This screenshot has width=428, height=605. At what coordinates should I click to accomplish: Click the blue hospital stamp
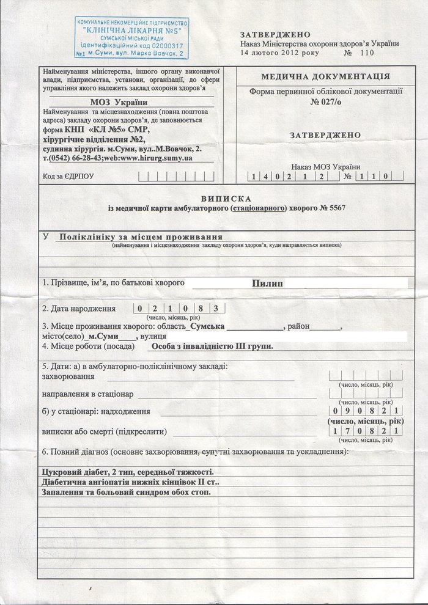131,38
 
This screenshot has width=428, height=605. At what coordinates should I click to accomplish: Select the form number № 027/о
325,101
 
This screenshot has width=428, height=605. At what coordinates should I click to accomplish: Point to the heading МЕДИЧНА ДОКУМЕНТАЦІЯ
325,77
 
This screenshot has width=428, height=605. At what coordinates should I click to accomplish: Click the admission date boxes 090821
364,411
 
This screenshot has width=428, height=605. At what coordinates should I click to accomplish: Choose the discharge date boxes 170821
364,431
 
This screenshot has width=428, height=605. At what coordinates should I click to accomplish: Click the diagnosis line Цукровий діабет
127,472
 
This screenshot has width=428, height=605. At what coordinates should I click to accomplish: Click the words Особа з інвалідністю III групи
212,346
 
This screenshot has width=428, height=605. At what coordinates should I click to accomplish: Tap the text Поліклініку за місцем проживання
141,237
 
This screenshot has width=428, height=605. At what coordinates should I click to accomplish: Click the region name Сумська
206,327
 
